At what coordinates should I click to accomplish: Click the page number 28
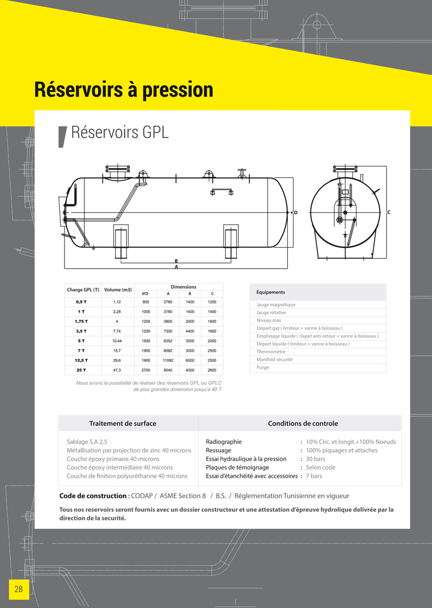click(x=18, y=589)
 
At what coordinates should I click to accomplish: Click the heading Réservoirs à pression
click(x=123, y=90)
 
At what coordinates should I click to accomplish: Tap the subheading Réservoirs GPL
click(x=120, y=132)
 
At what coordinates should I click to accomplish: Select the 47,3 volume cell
click(x=117, y=370)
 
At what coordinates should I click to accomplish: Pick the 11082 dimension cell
click(x=168, y=360)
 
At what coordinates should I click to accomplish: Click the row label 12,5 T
click(x=81, y=360)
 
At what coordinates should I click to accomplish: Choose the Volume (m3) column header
click(x=118, y=290)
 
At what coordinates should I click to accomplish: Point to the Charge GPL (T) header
click(x=83, y=290)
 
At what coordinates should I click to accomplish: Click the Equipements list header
click(x=271, y=293)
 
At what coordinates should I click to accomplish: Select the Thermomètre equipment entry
click(x=271, y=352)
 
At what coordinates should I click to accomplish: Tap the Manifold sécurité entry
click(x=274, y=360)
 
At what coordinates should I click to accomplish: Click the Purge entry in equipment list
click(x=263, y=368)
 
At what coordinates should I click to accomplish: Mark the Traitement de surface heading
click(x=123, y=424)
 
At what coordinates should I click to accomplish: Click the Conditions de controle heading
click(x=303, y=424)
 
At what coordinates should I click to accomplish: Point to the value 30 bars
click(x=315, y=459)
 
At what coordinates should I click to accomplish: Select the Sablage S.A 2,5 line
click(x=87, y=442)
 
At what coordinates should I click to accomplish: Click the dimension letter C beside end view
click(x=389, y=212)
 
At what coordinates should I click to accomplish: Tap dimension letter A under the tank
click(x=176, y=267)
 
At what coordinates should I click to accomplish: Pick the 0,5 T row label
click(x=81, y=302)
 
